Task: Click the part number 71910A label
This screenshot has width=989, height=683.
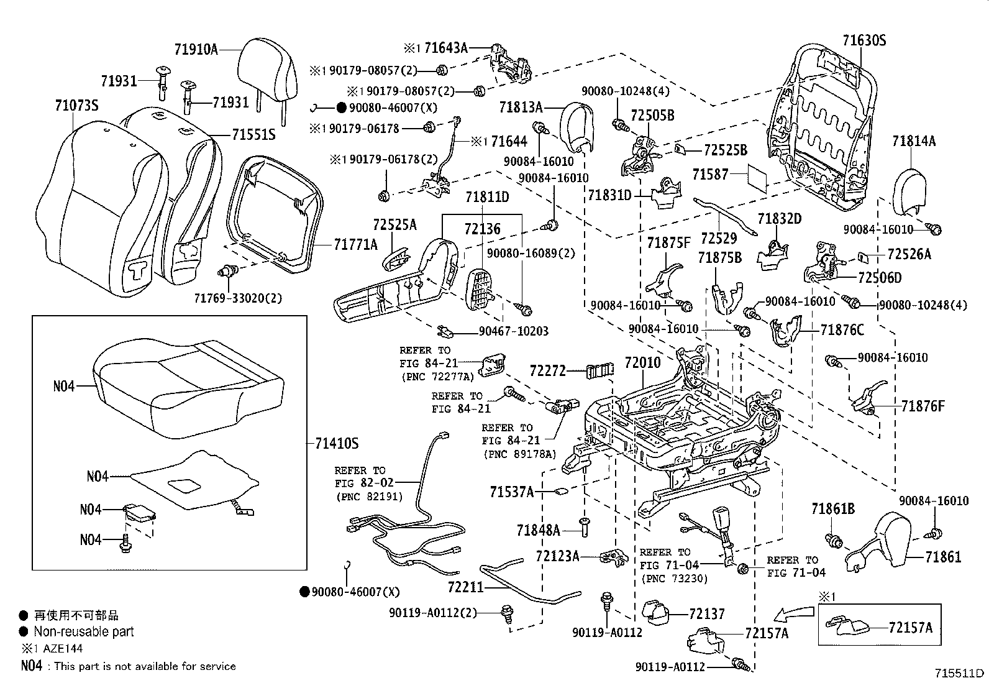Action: point(196,49)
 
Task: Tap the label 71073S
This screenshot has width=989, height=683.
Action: point(76,106)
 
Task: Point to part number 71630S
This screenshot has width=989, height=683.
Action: point(864,41)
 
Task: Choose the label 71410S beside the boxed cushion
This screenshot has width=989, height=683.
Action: point(337,444)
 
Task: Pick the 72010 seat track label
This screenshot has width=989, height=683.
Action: point(642,362)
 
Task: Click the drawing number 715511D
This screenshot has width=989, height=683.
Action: point(960,673)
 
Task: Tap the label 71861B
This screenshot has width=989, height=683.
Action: point(832,510)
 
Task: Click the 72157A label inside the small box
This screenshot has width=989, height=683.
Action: point(911,628)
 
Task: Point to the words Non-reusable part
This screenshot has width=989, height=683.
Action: point(84,632)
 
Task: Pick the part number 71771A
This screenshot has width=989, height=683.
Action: point(355,245)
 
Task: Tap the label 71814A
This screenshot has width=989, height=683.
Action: point(914,141)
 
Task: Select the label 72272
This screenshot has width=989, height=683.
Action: point(547,371)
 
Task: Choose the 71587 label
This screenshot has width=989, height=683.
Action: point(710,175)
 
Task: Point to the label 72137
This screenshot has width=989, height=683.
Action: point(707,614)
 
